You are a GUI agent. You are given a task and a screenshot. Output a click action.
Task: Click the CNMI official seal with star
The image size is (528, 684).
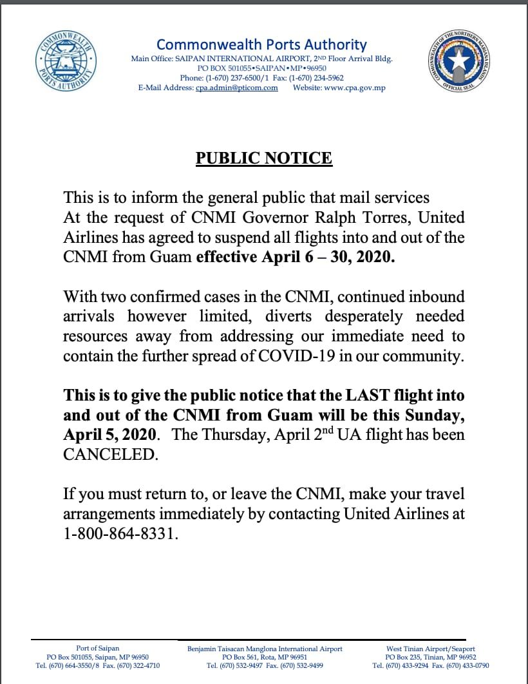[459, 62]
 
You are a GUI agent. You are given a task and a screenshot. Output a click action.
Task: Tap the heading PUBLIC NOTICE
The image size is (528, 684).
[264, 158]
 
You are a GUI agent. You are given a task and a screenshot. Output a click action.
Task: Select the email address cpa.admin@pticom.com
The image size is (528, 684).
[236, 88]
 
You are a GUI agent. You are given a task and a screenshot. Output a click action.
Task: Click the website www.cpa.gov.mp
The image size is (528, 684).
[354, 88]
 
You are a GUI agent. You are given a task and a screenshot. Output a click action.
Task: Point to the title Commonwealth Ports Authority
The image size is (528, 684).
[261, 44]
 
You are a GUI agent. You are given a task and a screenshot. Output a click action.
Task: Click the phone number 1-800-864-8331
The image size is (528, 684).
[119, 535]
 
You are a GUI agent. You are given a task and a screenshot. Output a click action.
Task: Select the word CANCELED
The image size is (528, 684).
[109, 454]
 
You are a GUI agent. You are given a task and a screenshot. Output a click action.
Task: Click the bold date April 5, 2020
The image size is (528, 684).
[109, 435]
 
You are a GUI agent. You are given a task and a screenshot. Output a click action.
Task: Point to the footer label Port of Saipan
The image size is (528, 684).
[97, 649]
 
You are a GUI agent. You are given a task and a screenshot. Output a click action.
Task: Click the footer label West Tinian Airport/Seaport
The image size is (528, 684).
[431, 649]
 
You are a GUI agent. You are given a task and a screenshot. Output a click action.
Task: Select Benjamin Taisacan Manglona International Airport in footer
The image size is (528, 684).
[265, 649]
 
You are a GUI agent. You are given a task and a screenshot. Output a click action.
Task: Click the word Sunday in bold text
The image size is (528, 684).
[433, 415]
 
